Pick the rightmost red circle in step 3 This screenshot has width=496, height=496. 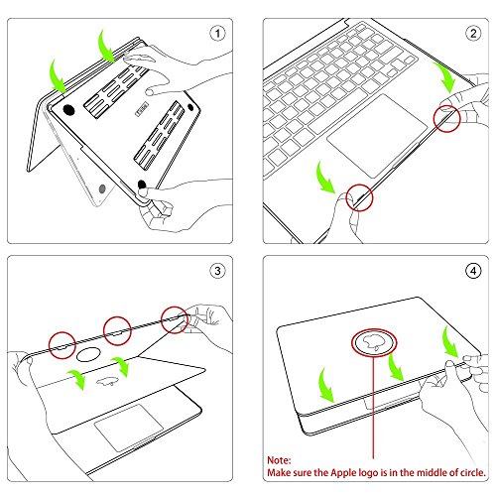176,317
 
